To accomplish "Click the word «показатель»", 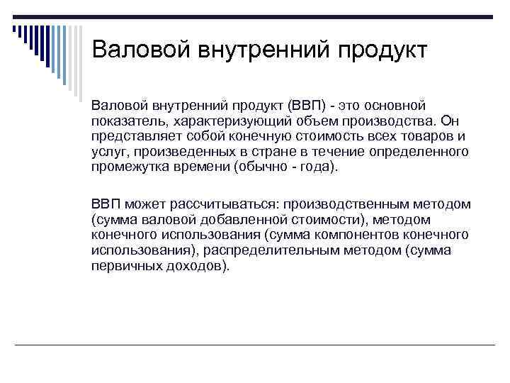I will (125, 121).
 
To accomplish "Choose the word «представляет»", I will (131, 137).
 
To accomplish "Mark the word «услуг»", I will (107, 152).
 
